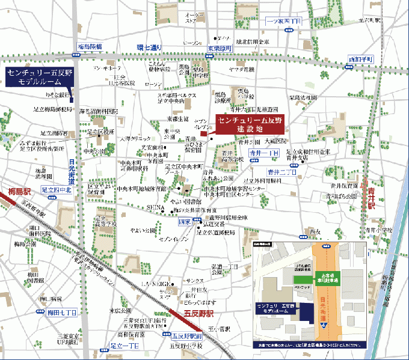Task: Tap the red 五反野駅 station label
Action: coord(198,314)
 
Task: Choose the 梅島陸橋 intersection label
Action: coord(90,46)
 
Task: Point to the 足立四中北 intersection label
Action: coord(56,190)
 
